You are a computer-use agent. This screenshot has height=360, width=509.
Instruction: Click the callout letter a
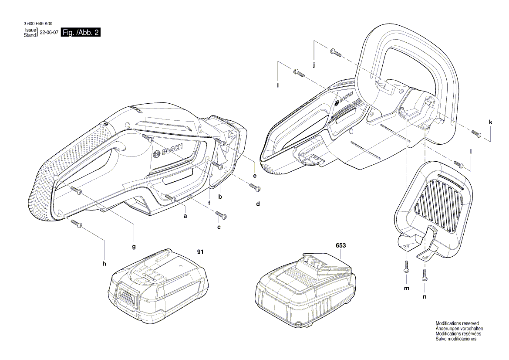coord(185,216)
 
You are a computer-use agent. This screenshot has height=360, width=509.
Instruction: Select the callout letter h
coord(104,263)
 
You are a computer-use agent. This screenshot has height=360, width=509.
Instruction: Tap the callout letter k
coord(491,122)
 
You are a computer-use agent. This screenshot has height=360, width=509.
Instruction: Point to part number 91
coord(200,251)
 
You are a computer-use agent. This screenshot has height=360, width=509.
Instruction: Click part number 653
coord(341,245)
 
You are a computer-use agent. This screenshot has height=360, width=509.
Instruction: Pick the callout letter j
coord(314,65)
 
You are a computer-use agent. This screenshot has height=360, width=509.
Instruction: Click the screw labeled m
coord(407,266)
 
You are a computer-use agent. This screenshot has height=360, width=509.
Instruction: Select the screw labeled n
coord(425,274)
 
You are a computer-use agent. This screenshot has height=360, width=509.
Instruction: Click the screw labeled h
coord(77,224)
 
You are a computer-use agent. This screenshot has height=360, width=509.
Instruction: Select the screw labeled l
coord(459,164)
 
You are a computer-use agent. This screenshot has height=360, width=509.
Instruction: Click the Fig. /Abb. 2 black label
coord(81,33)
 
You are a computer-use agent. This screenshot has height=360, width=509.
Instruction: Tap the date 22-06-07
coord(49,33)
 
